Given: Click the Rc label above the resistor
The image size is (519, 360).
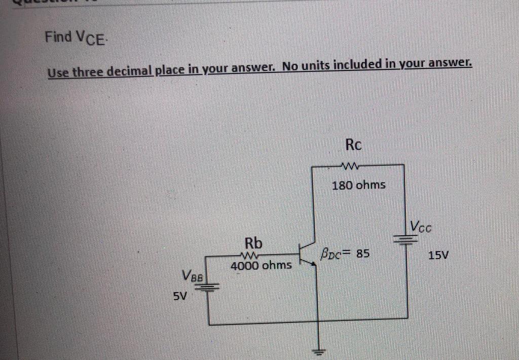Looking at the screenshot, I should click(354, 145).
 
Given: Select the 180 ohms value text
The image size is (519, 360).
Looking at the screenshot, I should click(358, 185).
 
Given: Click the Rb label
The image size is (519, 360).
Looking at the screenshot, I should click(253, 242).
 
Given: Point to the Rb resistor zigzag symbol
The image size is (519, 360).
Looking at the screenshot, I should click(252, 255).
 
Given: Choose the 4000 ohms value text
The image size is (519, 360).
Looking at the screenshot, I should click(261, 265).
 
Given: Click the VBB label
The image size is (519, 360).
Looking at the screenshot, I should click(193, 276).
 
